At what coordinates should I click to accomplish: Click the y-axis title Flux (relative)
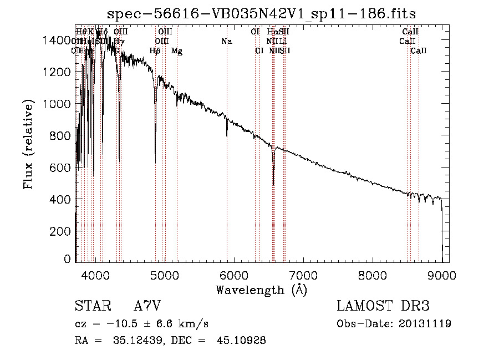(x=28, y=143)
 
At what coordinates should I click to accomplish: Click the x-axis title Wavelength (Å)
(x=261, y=290)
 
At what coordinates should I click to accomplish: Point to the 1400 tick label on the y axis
(x=58, y=40)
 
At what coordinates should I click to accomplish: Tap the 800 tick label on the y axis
(x=62, y=135)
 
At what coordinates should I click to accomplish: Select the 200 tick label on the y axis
(x=62, y=231)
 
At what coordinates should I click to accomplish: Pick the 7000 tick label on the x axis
(x=303, y=274)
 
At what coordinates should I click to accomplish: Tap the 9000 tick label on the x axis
(x=441, y=274)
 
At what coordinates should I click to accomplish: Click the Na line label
(x=226, y=41)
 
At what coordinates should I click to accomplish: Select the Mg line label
(x=176, y=51)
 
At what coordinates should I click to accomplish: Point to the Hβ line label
(x=155, y=51)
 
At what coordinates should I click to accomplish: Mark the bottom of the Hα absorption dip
(x=273, y=184)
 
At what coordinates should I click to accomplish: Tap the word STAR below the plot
(x=92, y=306)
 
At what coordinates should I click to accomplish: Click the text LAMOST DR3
(x=383, y=306)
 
